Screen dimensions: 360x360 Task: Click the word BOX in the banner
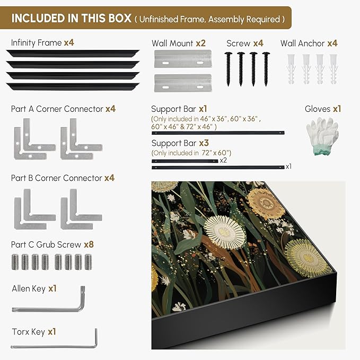click(x=120, y=19)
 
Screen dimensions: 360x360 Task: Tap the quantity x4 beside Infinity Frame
click(x=69, y=42)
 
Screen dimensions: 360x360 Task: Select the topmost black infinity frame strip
click(x=73, y=53)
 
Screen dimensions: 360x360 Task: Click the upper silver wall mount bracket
click(x=183, y=59)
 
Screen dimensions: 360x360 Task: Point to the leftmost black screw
click(x=228, y=69)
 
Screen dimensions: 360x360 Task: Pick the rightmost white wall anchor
click(x=333, y=68)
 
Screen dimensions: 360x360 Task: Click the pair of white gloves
click(x=322, y=136)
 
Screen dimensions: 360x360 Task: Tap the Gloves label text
click(x=318, y=109)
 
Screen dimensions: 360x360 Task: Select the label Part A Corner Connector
click(x=57, y=109)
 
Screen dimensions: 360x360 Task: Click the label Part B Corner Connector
click(x=57, y=178)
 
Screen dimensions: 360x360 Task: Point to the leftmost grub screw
click(x=15, y=262)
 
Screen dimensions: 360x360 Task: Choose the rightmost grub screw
click(x=88, y=262)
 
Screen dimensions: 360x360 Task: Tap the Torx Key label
click(x=29, y=332)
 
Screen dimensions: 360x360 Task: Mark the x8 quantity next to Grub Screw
click(x=89, y=244)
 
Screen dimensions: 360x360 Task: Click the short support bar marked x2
click(x=185, y=161)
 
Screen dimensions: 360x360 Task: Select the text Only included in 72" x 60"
click(x=191, y=153)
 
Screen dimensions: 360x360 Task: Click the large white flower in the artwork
click(x=225, y=232)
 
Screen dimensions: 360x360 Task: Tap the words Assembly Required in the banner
click(x=244, y=19)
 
